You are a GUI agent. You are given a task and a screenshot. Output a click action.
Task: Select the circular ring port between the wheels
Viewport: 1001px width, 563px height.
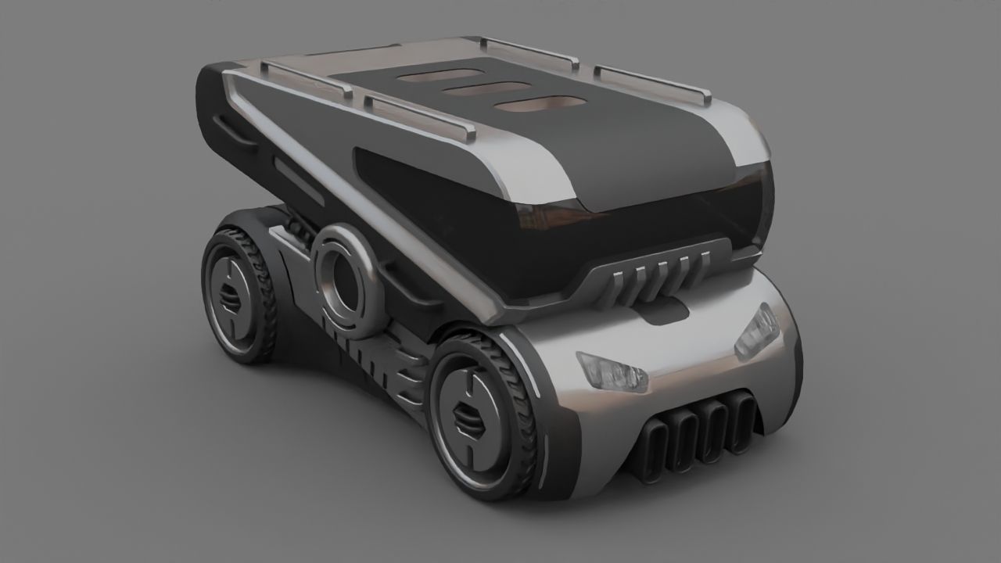pyautogui.click(x=343, y=279)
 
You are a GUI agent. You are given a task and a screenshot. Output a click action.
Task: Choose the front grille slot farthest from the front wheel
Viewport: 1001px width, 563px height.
pyautogui.click(x=741, y=422)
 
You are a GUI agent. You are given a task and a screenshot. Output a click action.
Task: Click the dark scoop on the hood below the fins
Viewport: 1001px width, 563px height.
pyautogui.click(x=666, y=314)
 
